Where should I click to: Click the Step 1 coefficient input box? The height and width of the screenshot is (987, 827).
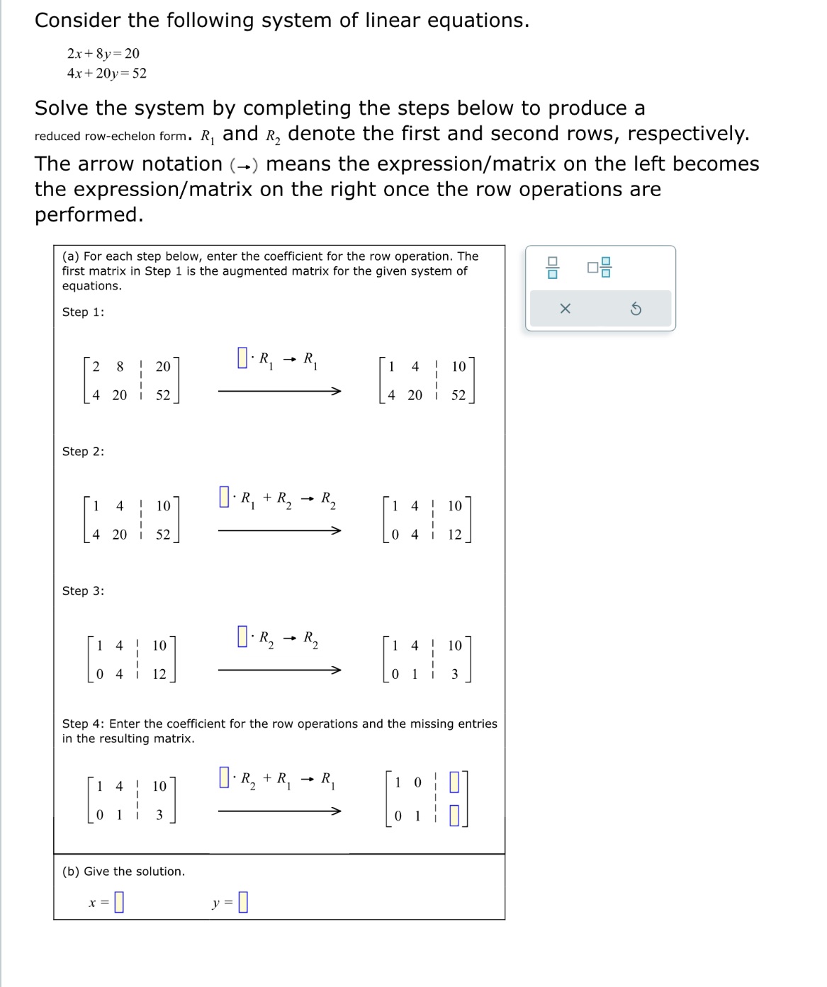pos(242,357)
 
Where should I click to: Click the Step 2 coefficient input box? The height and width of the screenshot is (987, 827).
pos(225,496)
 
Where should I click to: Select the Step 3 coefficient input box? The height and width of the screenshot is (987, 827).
pos(242,636)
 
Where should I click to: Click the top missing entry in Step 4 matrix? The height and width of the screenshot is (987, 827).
pos(455,782)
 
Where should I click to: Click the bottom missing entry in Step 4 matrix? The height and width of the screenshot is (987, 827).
pos(455,816)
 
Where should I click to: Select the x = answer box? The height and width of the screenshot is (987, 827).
pos(119,901)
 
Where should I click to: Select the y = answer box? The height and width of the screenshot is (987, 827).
pos(243,901)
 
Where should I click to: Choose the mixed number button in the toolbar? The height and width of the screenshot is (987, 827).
pos(599,268)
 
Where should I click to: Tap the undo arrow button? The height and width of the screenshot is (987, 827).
pos(636,309)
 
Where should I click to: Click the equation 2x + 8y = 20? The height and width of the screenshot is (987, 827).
pos(103,54)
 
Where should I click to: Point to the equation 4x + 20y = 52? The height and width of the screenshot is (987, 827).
pos(107,74)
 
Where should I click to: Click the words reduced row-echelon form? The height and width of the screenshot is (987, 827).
pos(111,136)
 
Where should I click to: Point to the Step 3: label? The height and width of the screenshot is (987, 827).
pos(83,591)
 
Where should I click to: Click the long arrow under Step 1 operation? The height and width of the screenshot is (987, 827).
pos(279,391)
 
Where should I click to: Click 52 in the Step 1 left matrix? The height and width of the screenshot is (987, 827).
pos(163,395)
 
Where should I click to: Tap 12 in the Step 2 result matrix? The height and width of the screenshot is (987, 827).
pos(454,535)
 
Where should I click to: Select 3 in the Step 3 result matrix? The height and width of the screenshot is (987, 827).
pos(455,674)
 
